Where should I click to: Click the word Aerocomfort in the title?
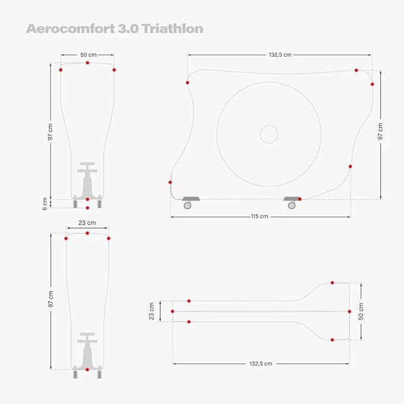click(x=71, y=29)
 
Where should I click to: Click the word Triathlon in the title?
click(x=173, y=29)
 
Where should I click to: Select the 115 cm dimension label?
click(x=259, y=217)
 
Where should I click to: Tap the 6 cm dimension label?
click(x=45, y=204)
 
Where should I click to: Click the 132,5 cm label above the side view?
click(x=280, y=55)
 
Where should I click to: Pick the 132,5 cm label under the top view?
click(x=261, y=364)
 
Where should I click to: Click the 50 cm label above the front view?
click(x=89, y=55)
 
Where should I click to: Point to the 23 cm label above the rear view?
click(x=87, y=223)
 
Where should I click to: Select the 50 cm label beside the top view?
click(x=361, y=312)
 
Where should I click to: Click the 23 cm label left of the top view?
click(x=152, y=311)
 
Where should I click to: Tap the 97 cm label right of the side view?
click(x=380, y=131)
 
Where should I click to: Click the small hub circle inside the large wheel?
click(x=269, y=134)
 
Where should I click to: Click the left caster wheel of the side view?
click(x=187, y=205)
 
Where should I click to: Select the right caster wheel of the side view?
click(x=292, y=205)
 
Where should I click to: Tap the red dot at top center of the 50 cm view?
click(x=87, y=62)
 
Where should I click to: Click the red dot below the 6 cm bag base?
click(x=87, y=208)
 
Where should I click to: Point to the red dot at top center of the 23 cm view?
click(x=87, y=233)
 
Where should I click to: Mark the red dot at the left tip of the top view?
click(x=173, y=312)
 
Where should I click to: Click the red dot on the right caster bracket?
click(x=300, y=199)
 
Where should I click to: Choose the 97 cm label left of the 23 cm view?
click(x=51, y=299)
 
